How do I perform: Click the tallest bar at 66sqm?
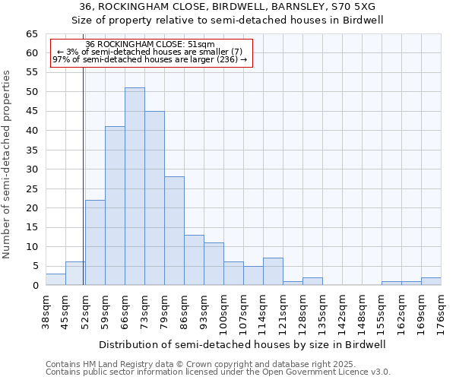click(x=135, y=186)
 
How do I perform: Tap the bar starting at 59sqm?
click(x=115, y=205)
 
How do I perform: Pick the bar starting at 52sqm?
click(x=95, y=242)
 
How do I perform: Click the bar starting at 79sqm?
click(x=174, y=231)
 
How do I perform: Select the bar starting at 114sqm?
click(x=273, y=271)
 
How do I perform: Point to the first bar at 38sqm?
click(x=55, y=279)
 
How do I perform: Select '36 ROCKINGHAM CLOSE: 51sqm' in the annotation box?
click(x=150, y=45)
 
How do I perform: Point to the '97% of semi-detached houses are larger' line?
click(x=150, y=59)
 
